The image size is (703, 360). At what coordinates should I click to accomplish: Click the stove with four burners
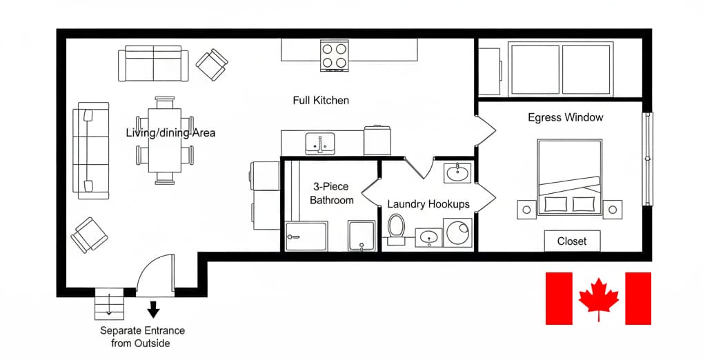pos(334,56)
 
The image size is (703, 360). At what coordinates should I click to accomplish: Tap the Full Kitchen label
pos(321,101)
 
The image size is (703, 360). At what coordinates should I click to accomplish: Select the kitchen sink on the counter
pos(319,143)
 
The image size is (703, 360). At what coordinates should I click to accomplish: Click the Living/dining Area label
pos(170,132)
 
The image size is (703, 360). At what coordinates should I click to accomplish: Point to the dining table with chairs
pos(165,140)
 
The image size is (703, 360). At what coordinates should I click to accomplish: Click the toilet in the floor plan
pos(396,229)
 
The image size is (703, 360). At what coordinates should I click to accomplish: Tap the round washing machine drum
pos(458,232)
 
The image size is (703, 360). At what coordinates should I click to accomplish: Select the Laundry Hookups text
pos(428,204)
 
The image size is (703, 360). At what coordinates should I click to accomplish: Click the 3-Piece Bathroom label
pos(331,194)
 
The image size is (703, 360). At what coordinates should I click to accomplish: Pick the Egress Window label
pos(565,117)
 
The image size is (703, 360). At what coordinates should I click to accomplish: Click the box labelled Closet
pos(572,241)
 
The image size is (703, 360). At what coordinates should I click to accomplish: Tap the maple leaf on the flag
pos(598,297)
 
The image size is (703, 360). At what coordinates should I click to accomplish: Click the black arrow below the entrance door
pos(154,308)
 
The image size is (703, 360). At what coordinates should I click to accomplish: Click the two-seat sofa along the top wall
pos(153,64)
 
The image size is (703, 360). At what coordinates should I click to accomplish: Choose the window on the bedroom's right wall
pos(647,159)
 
